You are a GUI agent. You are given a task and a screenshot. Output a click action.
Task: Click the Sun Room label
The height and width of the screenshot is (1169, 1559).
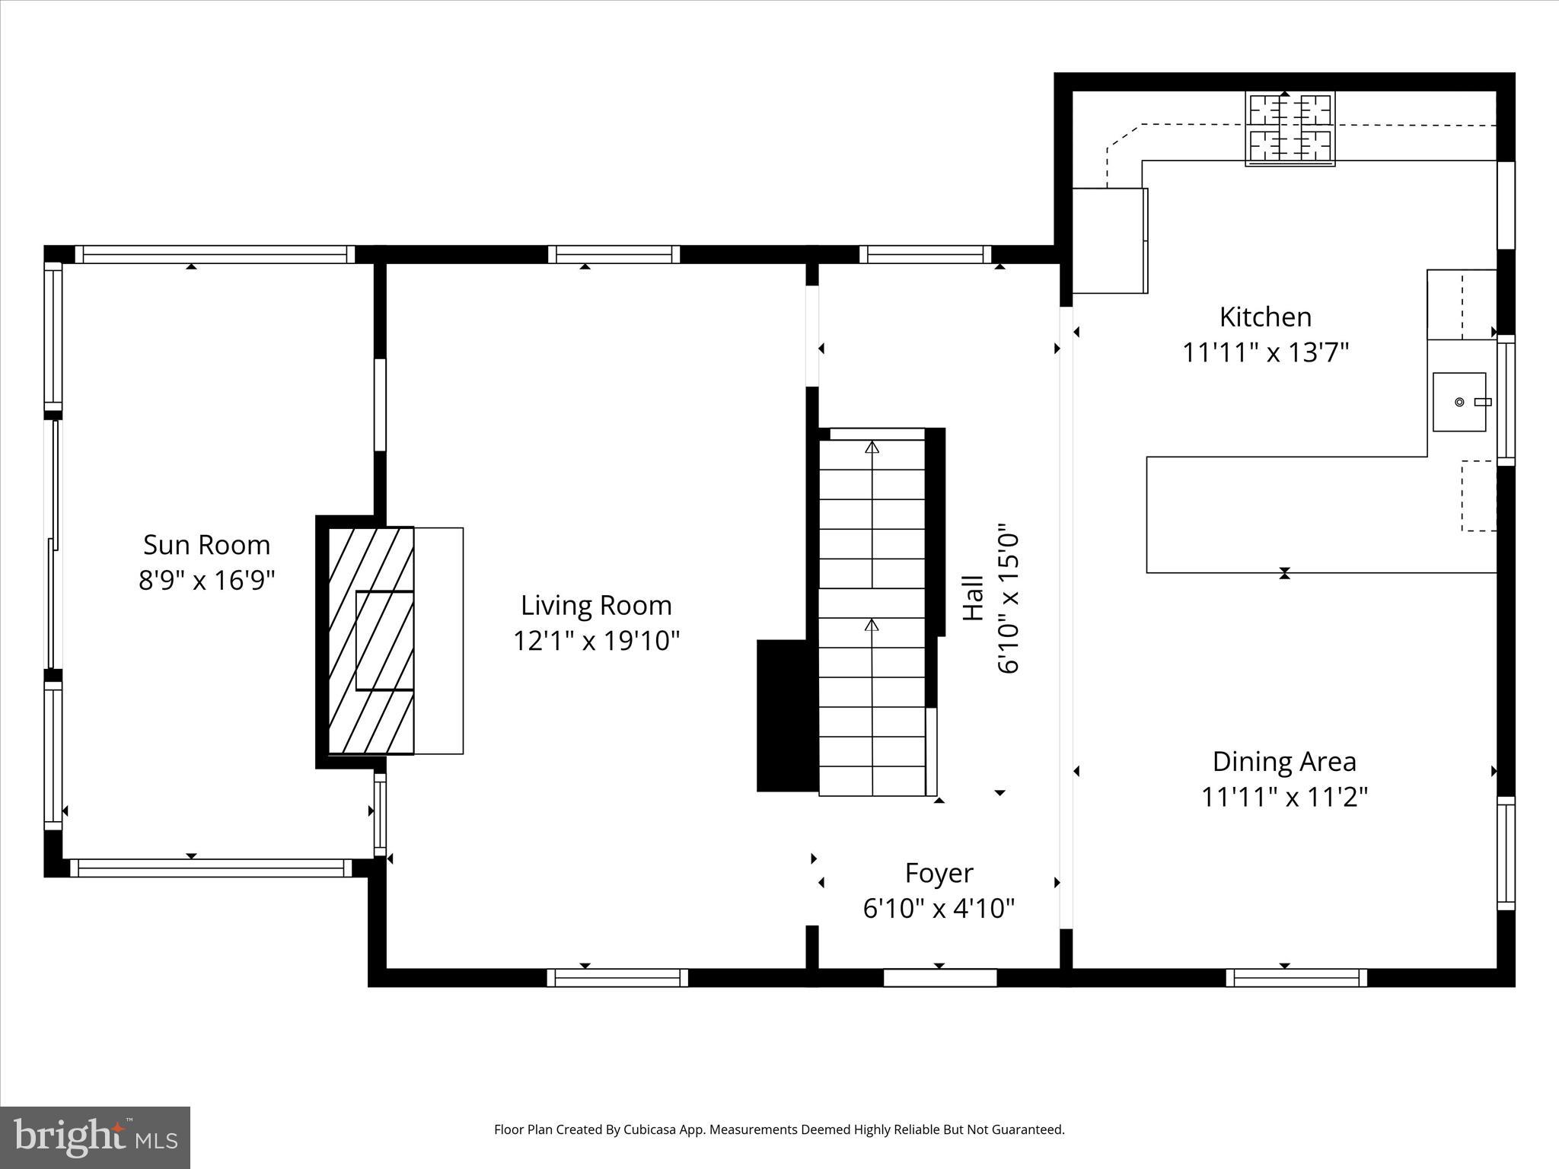[206, 545]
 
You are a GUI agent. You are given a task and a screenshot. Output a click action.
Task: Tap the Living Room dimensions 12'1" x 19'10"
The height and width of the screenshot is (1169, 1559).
[595, 641]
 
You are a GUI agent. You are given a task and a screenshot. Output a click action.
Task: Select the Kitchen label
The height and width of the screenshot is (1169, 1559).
[1265, 317]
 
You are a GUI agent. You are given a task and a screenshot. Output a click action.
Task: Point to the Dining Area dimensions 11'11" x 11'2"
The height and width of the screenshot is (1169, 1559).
[1284, 797]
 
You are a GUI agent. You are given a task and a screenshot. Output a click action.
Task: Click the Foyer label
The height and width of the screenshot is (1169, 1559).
[939, 873]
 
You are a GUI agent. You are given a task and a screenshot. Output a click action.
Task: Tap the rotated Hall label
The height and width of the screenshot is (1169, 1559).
[974, 598]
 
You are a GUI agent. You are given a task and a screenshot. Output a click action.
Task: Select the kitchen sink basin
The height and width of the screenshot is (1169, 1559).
[1459, 402]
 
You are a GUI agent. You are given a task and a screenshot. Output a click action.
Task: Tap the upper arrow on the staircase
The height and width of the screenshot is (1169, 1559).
[872, 448]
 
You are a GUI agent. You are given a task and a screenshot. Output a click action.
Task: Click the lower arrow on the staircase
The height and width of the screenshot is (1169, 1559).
[872, 626]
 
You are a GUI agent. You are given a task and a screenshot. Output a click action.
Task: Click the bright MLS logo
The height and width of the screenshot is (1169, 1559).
[95, 1137]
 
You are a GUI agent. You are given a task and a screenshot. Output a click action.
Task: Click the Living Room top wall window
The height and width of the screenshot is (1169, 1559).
[614, 254]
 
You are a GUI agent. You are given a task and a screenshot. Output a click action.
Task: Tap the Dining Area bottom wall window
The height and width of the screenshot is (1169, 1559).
[1296, 978]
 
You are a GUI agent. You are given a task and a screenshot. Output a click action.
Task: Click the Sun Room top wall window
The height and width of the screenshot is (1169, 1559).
[215, 254]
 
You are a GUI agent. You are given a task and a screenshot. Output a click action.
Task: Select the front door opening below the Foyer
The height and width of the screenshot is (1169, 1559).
[939, 978]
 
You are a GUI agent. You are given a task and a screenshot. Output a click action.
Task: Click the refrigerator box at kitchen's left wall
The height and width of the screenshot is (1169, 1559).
[1109, 240]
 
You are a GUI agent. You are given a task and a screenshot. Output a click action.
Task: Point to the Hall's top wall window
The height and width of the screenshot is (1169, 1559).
[925, 254]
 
